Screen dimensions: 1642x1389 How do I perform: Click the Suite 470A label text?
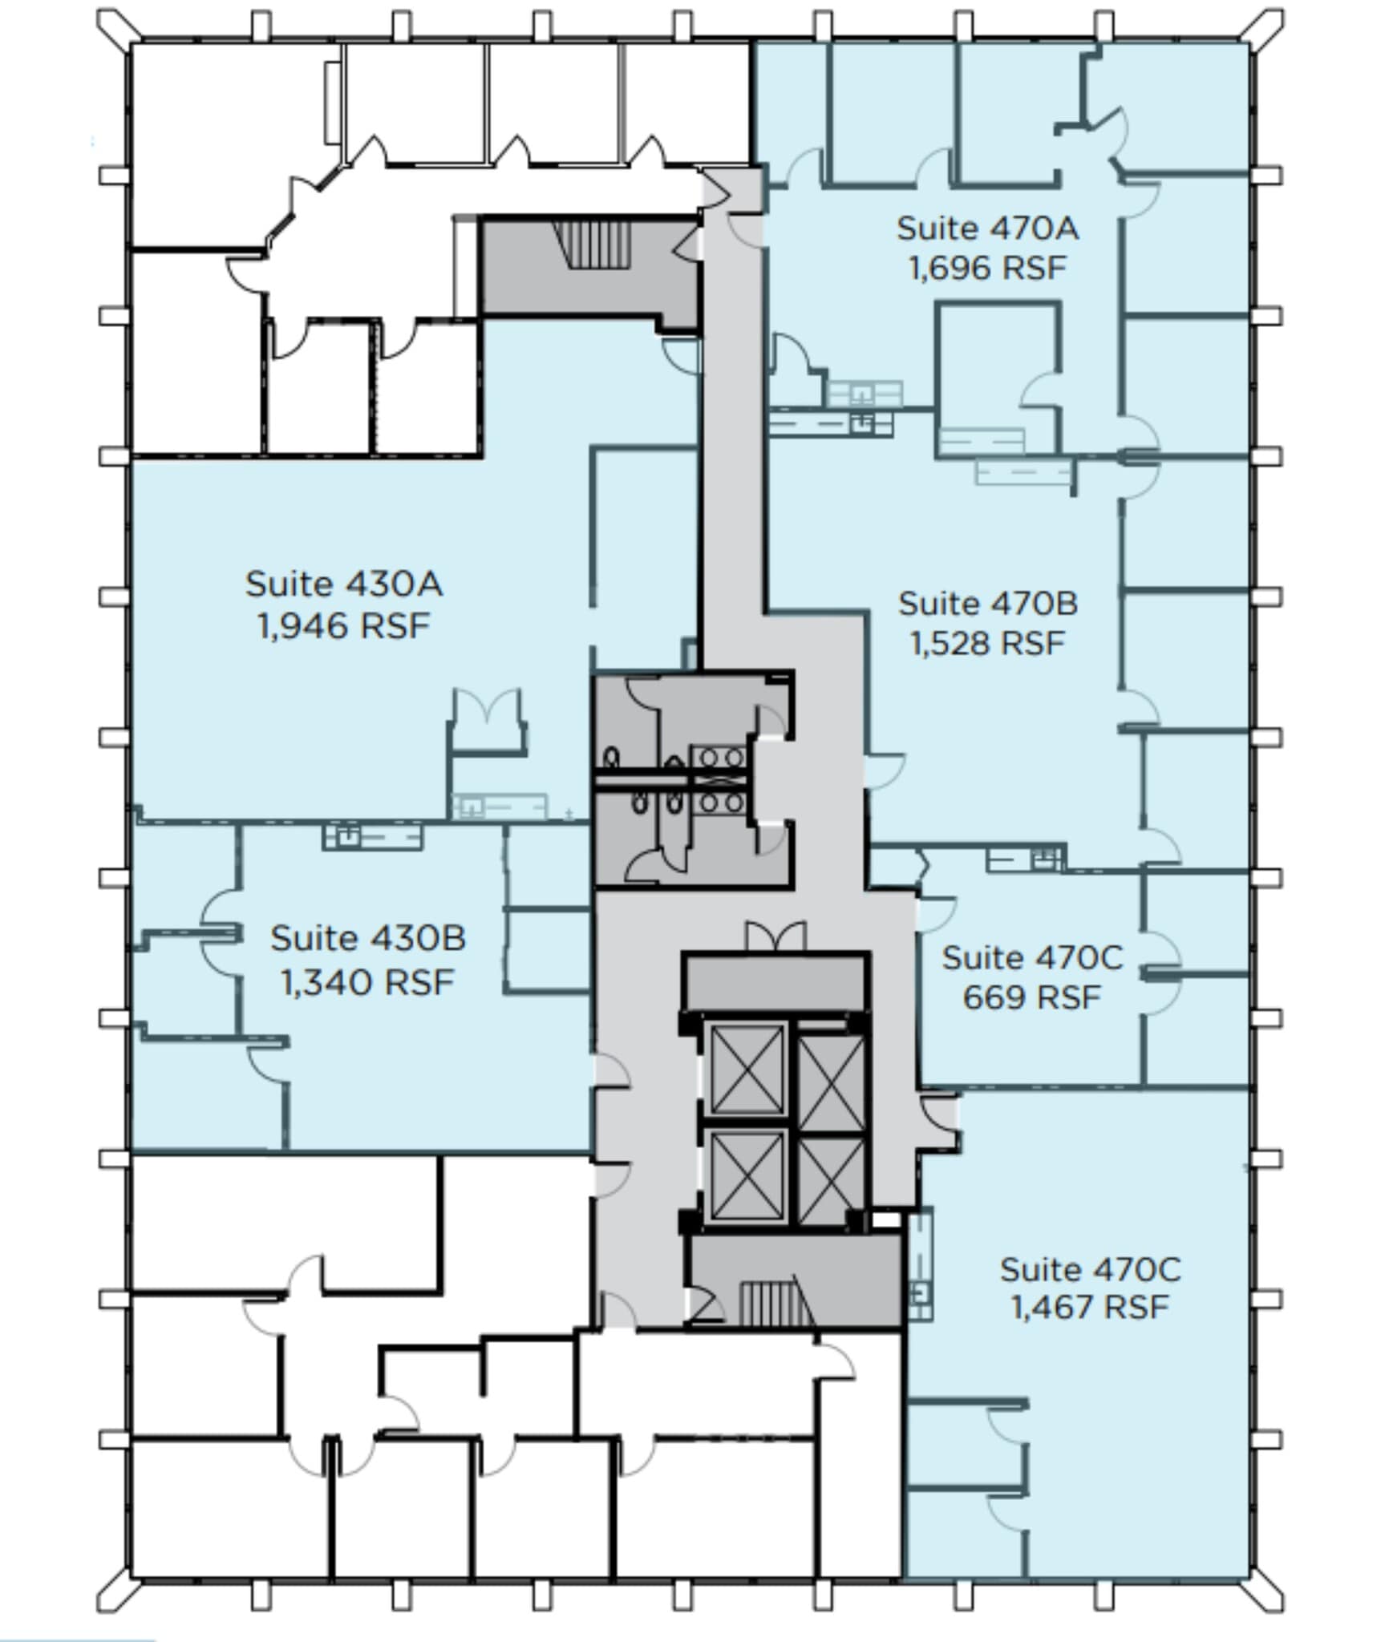[x=987, y=229]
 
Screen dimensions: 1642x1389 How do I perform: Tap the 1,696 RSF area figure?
[x=987, y=269]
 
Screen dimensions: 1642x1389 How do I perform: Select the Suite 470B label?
[x=987, y=605]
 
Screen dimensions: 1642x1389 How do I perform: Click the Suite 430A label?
[x=344, y=584]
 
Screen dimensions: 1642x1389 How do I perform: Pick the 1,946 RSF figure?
[x=344, y=626]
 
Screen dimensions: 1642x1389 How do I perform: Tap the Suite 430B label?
[x=368, y=939]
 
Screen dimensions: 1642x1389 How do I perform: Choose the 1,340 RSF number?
[x=368, y=982]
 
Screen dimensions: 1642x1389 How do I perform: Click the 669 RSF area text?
[x=1031, y=998]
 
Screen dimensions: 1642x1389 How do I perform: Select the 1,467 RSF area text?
[x=1089, y=1308]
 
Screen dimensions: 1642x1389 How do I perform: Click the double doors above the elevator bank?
[x=775, y=936]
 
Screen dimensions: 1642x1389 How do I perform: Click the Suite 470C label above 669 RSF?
[x=1031, y=958]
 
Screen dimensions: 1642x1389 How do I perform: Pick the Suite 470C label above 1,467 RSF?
[x=1089, y=1269]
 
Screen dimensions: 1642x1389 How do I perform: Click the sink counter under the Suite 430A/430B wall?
[x=373, y=837]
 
